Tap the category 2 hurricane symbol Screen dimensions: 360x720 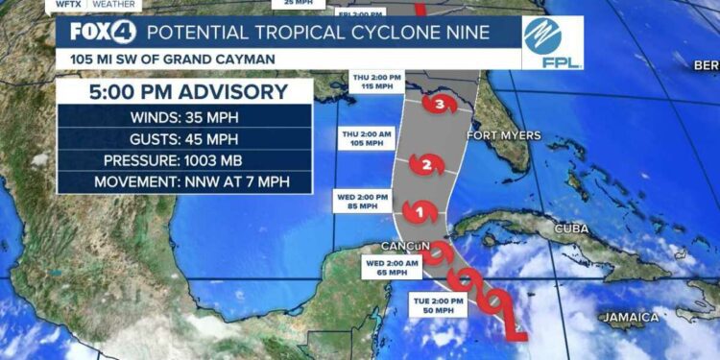coord(427,165)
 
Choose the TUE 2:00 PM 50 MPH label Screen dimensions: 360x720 coord(441,305)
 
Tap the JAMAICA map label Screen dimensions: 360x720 coord(630,317)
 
